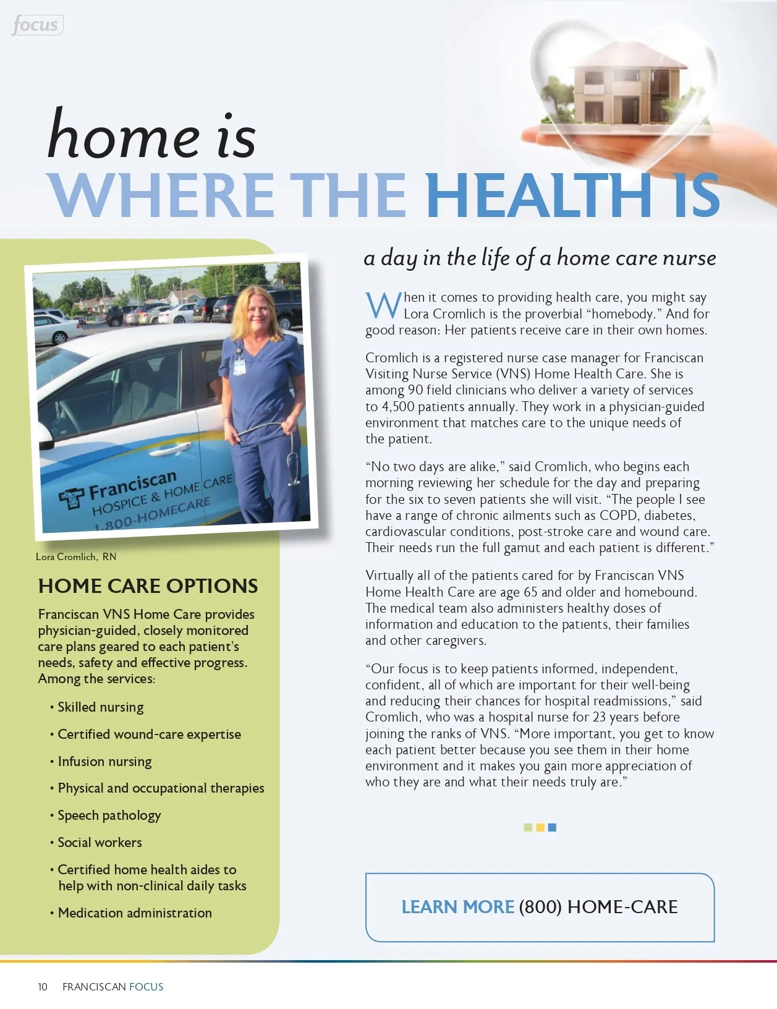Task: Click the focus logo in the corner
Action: (36, 25)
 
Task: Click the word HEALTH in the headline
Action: (538, 195)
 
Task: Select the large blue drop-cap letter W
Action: (383, 305)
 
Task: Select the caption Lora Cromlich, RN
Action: (76, 556)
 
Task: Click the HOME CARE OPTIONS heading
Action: (148, 586)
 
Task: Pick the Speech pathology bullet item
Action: (109, 815)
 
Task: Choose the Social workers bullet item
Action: (100, 843)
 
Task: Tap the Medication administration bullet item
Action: (134, 913)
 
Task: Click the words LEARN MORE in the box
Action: (457, 907)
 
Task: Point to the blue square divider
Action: (552, 827)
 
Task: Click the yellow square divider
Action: (540, 827)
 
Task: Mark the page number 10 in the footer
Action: (42, 987)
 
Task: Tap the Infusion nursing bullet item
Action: (104, 762)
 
